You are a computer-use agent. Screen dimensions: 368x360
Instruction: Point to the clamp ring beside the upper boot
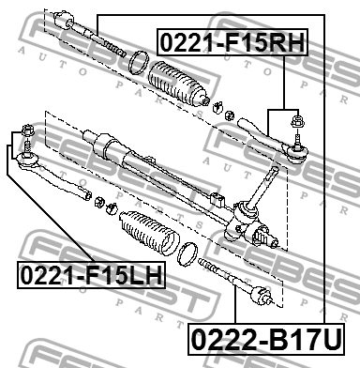coord(138,63)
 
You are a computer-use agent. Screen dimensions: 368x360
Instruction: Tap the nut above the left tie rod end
coord(26,130)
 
